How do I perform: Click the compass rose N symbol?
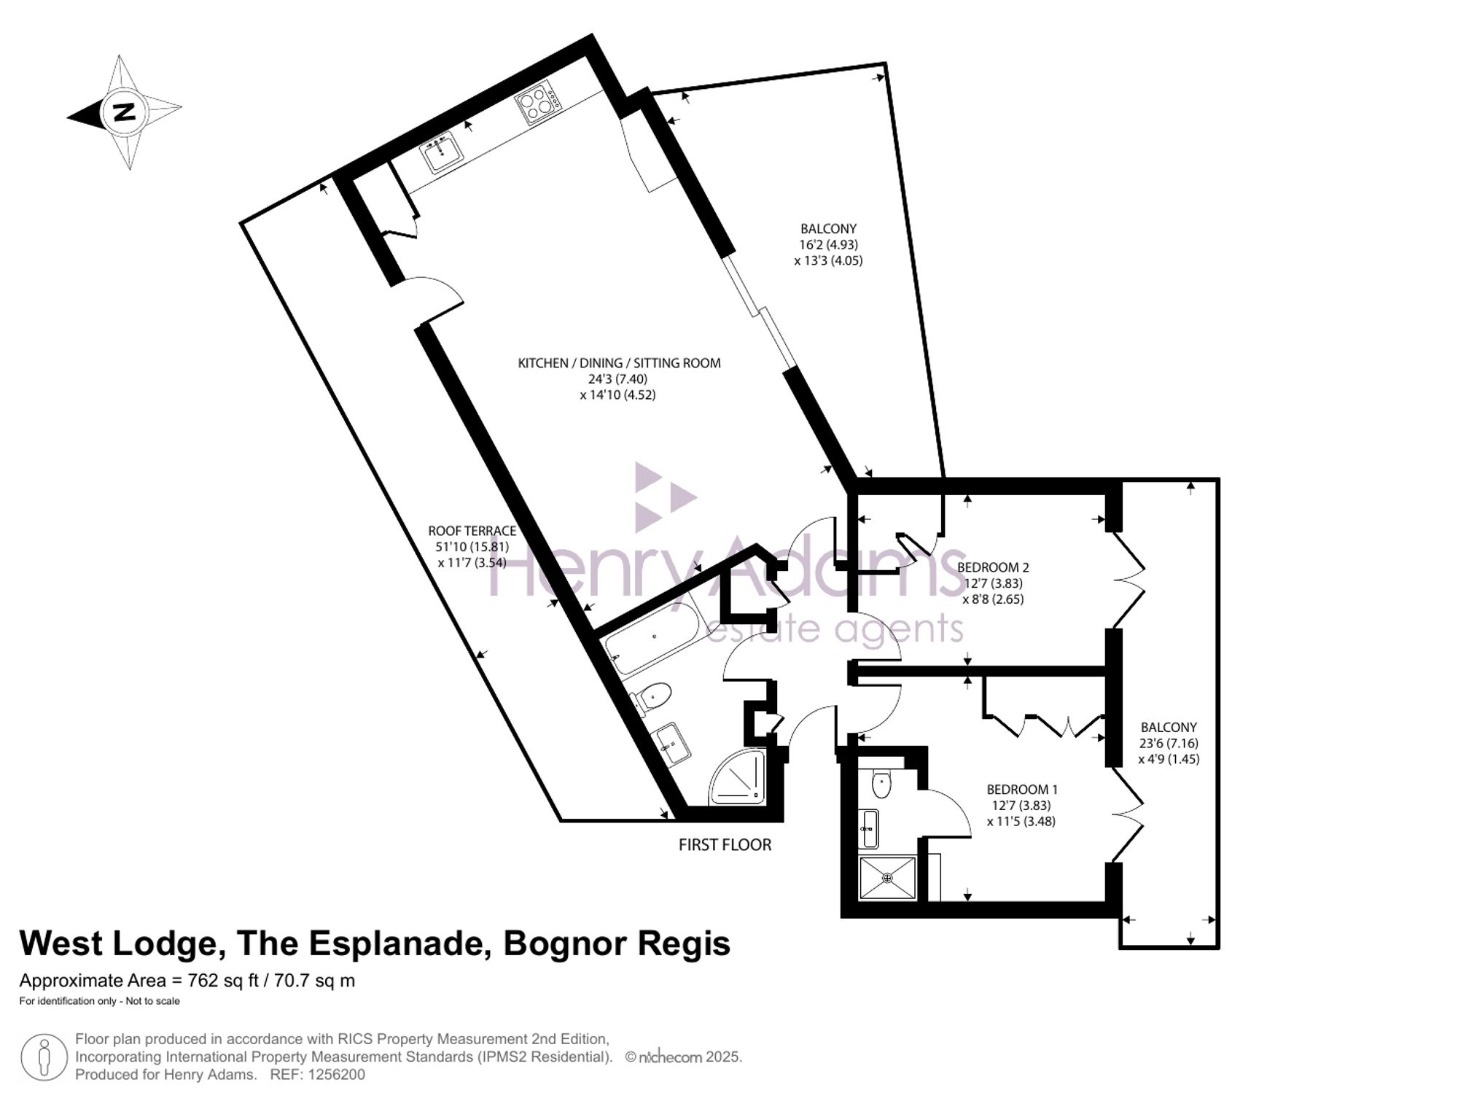point(125,112)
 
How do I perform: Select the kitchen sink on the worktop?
point(443,151)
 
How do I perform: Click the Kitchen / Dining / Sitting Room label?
point(619,362)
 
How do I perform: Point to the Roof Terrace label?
point(472,531)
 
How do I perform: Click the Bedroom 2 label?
point(993,567)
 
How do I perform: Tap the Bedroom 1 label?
point(1022,789)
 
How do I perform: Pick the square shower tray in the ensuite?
point(888,878)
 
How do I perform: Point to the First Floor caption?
point(725,844)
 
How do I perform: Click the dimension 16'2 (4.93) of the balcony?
point(828,244)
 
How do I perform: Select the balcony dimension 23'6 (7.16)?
point(1169,743)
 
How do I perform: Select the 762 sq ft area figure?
point(223,981)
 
